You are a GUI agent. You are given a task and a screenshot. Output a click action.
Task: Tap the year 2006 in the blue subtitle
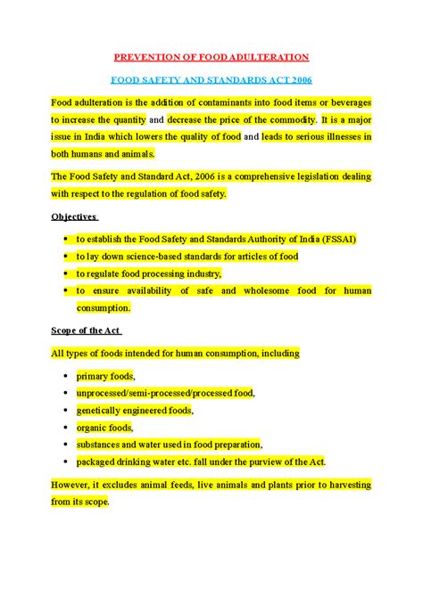pos(296,78)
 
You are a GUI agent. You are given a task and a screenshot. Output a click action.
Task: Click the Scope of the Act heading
pos(85,331)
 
